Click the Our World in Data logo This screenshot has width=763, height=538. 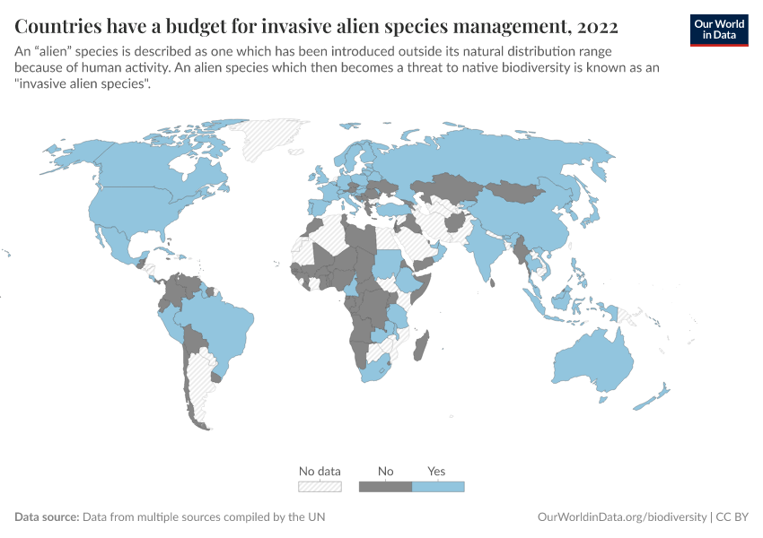pos(718,30)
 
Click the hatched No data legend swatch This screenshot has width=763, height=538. pos(320,486)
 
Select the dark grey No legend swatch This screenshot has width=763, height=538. pos(385,486)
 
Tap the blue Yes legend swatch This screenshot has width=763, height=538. pos(438,486)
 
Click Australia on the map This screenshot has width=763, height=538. pos(592,363)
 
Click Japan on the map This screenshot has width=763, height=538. pos(592,212)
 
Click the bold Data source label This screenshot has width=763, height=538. pos(47,517)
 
